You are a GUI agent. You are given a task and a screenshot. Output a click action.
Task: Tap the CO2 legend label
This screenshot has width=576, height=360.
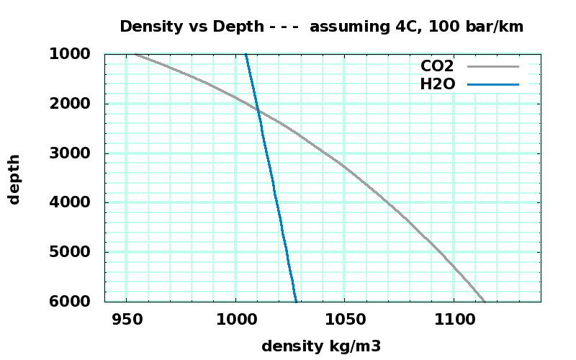coord(437,66)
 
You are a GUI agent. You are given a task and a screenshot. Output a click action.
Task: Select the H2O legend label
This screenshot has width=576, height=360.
coord(437,84)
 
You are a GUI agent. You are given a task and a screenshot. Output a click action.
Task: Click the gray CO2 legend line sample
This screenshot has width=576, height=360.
coord(493,66)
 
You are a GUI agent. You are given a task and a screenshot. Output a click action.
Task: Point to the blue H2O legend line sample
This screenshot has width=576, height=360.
coord(493,84)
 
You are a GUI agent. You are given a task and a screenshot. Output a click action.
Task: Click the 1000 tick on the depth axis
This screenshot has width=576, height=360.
coord(70,54)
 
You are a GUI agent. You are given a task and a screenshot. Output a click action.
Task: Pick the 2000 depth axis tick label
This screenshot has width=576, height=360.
coord(70,104)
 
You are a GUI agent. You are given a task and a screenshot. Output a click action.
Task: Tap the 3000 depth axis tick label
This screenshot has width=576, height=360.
coord(70,153)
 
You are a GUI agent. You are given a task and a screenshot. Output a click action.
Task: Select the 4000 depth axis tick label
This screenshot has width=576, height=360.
coord(70,202)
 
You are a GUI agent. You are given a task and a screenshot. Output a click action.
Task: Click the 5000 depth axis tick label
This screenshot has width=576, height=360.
coord(70,252)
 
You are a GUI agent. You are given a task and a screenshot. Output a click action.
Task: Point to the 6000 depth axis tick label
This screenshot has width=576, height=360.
coord(70,301)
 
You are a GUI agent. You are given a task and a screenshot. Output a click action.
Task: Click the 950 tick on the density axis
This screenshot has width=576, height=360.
coord(126,319)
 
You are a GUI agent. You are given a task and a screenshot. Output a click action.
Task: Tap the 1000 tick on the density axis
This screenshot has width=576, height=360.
coord(235,319)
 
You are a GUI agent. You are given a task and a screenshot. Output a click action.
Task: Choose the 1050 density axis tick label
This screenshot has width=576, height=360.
coord(344,319)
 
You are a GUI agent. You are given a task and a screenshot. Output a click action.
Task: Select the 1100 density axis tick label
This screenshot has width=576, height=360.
coord(454,319)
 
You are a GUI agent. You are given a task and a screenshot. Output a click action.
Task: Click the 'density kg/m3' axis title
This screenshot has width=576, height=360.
coord(321,346)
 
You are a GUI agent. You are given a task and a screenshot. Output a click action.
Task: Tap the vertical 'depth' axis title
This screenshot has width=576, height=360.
coord(14,179)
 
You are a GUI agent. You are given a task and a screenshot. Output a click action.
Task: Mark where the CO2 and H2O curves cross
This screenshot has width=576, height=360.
coord(258,110)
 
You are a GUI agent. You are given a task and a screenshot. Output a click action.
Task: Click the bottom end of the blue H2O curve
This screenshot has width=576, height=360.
coord(295,300)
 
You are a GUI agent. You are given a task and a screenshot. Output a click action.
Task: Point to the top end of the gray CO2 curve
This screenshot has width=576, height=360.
coord(135,54)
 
